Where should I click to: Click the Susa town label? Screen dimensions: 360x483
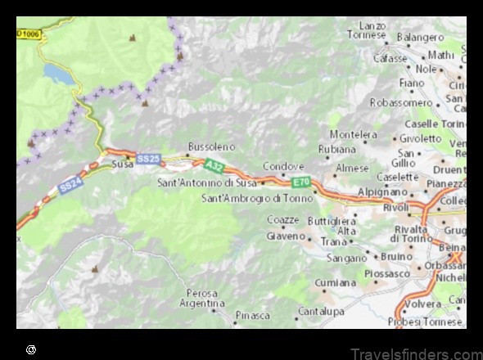click(x=122, y=164)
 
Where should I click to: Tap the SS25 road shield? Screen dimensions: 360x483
click(x=148, y=159)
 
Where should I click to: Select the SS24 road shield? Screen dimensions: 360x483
click(x=70, y=187)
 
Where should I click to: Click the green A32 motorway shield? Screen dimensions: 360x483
click(x=214, y=166)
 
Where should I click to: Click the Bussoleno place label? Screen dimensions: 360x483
click(x=211, y=146)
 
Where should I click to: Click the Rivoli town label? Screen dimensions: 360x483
click(x=396, y=207)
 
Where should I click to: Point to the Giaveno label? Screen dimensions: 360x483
click(x=286, y=236)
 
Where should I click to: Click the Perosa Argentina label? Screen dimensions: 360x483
click(x=202, y=298)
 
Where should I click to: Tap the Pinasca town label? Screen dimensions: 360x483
click(x=252, y=315)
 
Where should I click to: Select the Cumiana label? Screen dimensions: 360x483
click(x=336, y=282)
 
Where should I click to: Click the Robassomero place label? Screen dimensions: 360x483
click(x=401, y=102)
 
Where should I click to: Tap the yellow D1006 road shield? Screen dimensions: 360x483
click(x=28, y=34)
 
